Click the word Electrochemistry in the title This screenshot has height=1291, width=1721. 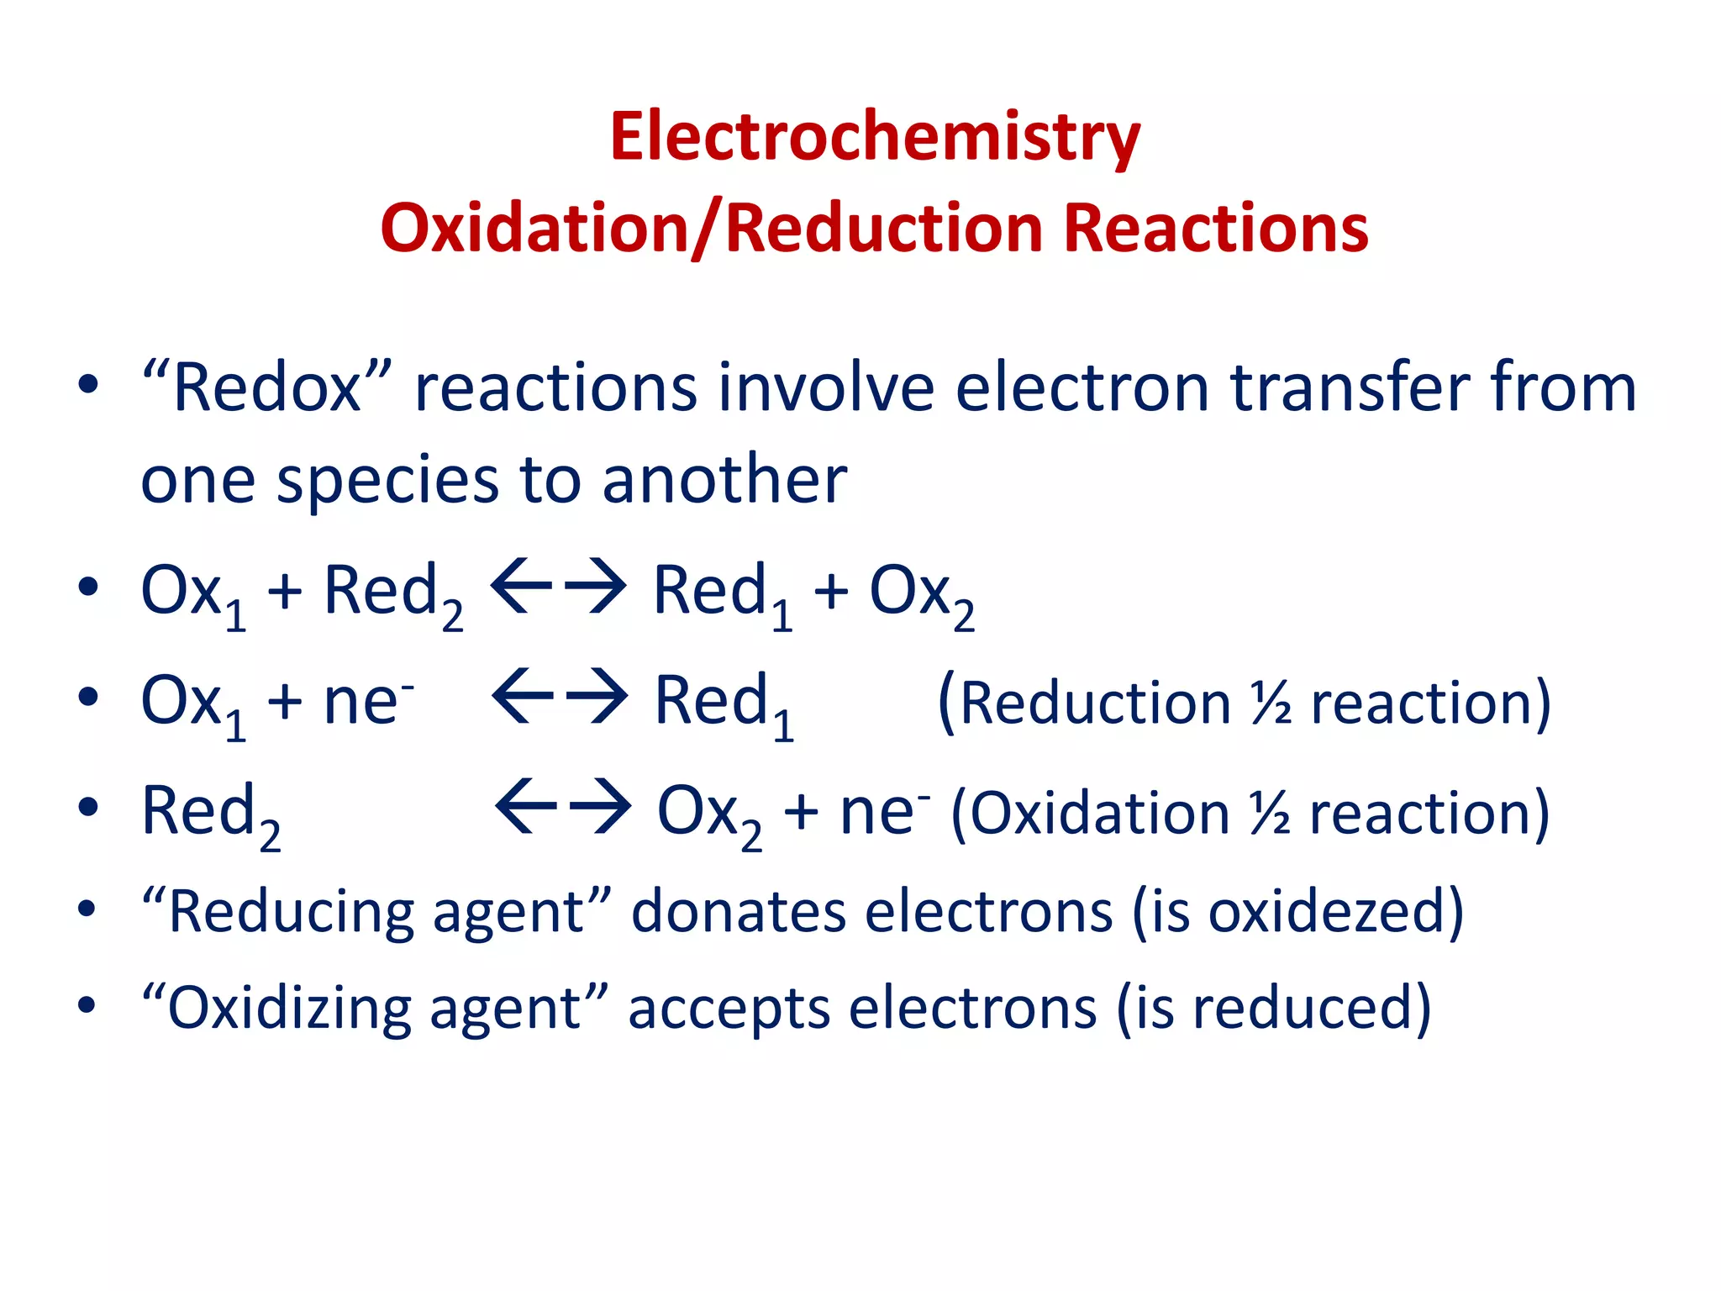coord(875,137)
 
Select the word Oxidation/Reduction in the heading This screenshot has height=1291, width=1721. coord(710,229)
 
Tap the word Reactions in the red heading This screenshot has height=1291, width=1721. coord(1216,229)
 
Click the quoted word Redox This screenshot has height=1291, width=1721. coord(267,388)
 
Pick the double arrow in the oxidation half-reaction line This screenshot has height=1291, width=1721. coord(563,807)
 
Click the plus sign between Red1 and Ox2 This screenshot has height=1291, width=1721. coord(830,590)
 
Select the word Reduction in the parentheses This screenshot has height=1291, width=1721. coord(1094,703)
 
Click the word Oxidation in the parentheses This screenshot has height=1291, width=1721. coord(1100,814)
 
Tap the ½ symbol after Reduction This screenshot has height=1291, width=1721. coord(1271,703)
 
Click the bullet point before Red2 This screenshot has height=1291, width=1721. coord(87,807)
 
